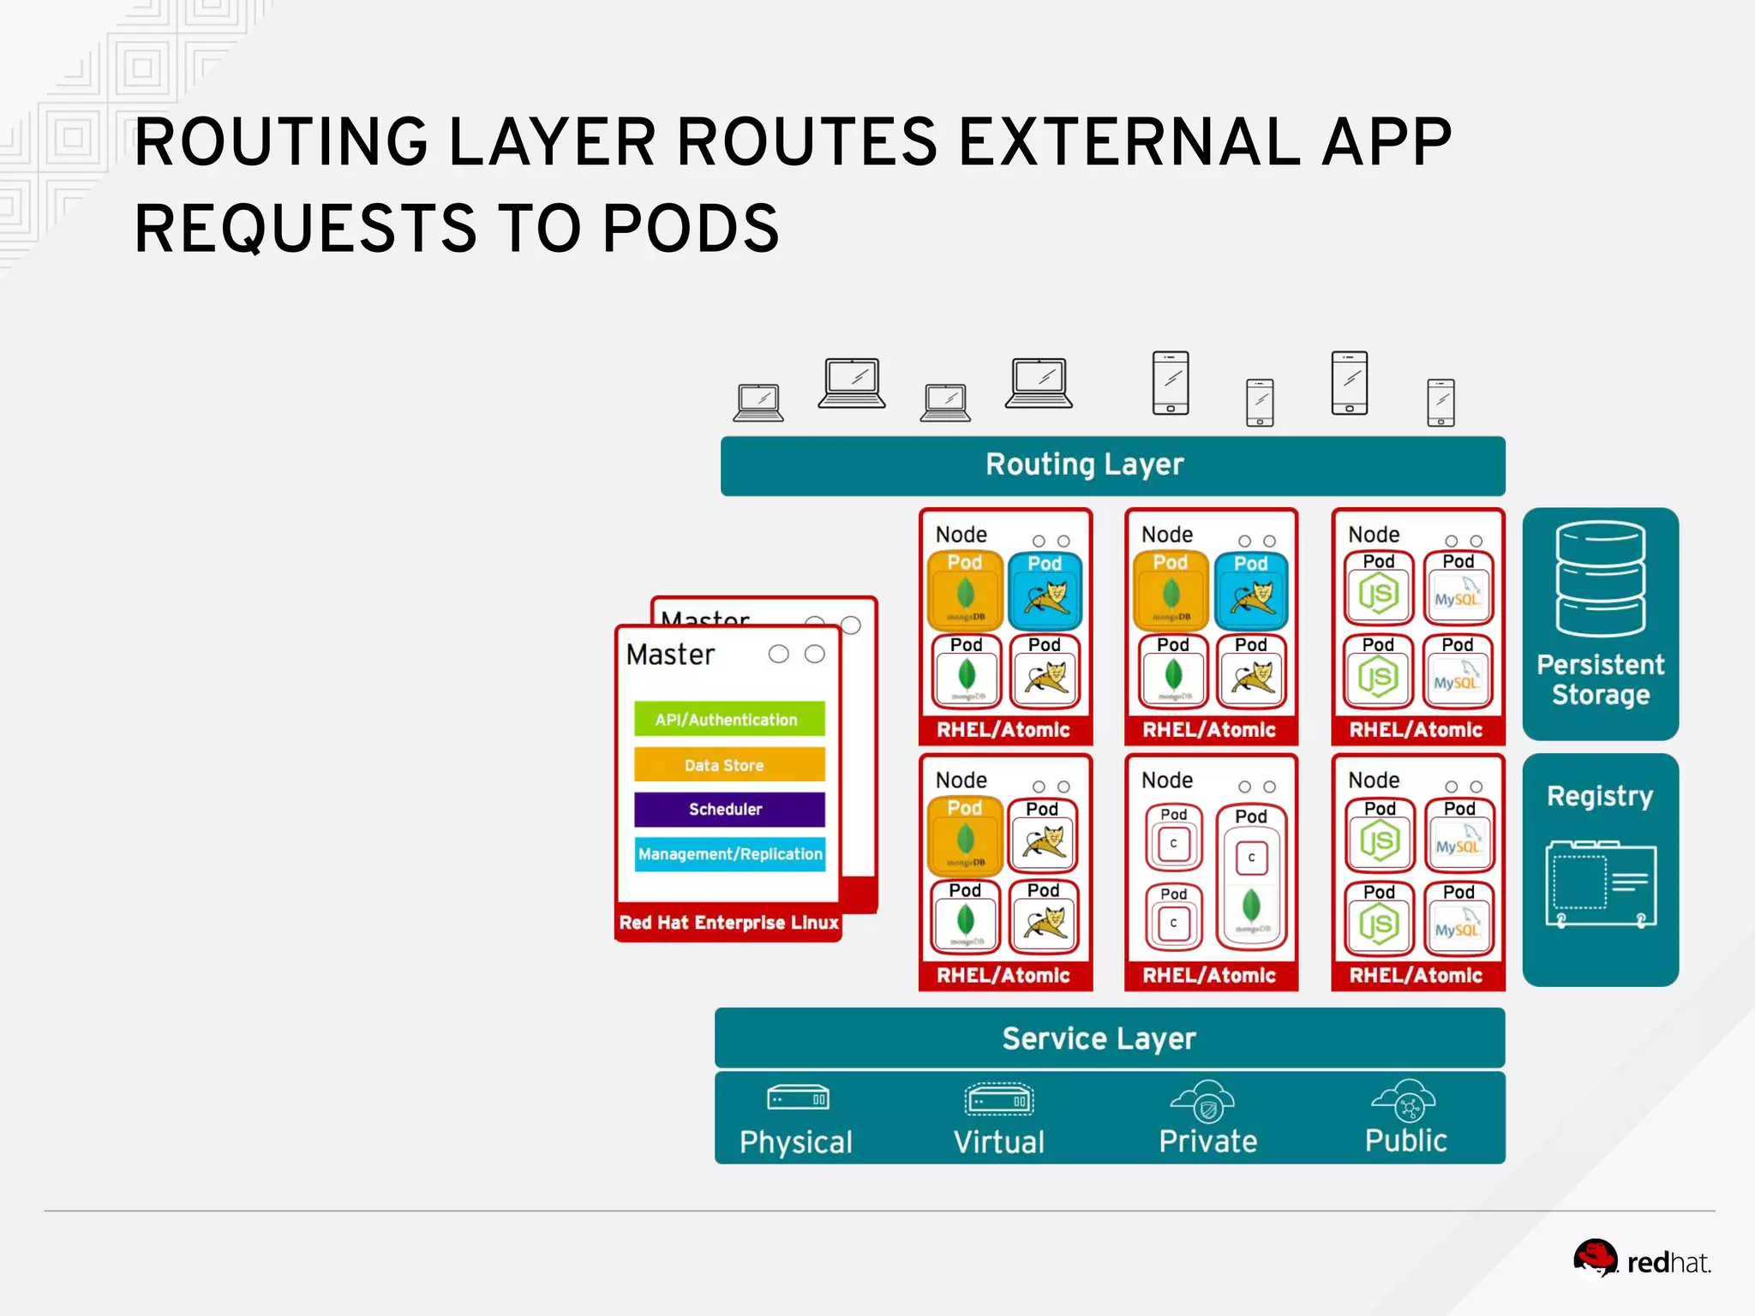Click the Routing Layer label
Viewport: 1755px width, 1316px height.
pos(1084,464)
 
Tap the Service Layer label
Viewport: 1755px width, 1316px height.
pos(1099,1038)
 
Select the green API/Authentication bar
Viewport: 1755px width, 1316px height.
pos(728,719)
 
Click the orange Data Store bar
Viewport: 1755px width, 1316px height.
pos(728,764)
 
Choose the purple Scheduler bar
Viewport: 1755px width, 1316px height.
pos(728,809)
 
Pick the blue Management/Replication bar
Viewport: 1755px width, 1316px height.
pos(729,854)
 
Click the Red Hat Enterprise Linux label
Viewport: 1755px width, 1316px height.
pos(728,923)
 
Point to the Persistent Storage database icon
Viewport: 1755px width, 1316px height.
pos(1600,579)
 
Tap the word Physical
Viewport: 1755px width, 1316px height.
pos(795,1142)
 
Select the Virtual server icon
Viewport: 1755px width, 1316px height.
pos(998,1099)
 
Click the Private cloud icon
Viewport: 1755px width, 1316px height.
pos(1203,1101)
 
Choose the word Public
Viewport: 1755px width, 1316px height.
pos(1405,1140)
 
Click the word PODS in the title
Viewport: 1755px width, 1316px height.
pos(691,229)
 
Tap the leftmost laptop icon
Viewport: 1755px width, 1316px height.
pos(758,403)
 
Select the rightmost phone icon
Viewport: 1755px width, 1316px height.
pos(1441,403)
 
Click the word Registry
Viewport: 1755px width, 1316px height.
pos(1600,796)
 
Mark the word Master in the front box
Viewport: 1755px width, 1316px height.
pos(670,655)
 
